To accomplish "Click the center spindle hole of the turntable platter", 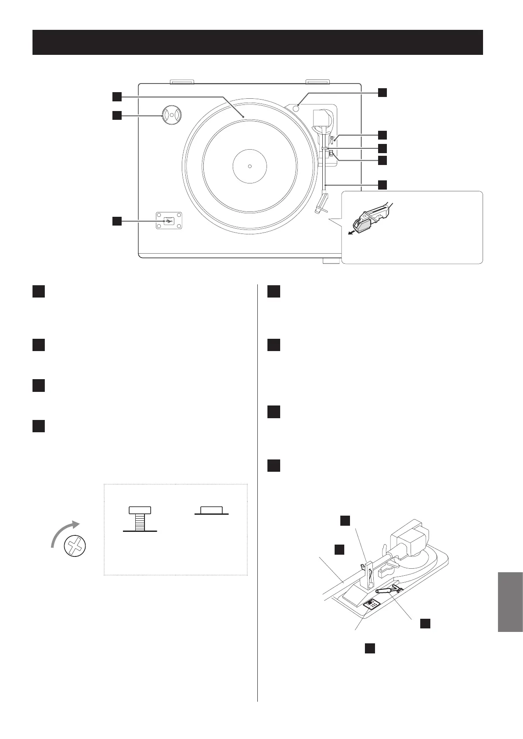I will click(249, 166).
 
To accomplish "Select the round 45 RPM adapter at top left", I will click(172, 115).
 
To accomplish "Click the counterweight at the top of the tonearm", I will click(322, 118).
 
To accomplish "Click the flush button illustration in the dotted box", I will click(212, 510).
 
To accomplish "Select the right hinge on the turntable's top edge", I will click(317, 82).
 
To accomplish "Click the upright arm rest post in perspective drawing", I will click(368, 577).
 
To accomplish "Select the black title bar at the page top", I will click(258, 42).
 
